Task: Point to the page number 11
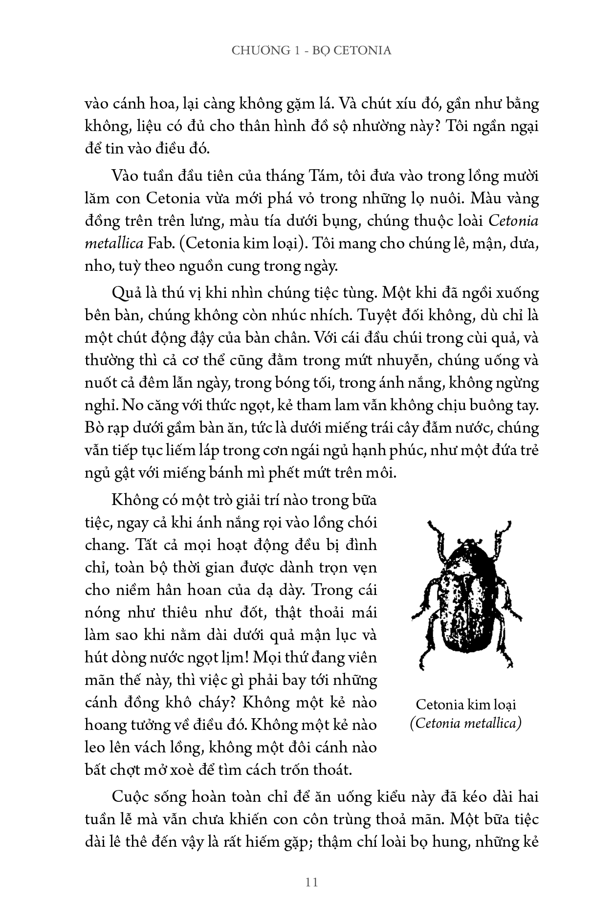(x=311, y=882)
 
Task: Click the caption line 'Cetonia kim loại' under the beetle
(x=466, y=704)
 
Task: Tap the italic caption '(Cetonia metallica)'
(x=466, y=723)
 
